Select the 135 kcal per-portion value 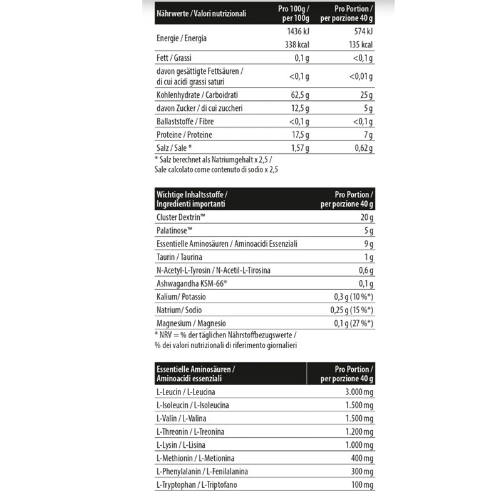tap(359, 44)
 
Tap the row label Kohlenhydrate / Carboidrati tap(197, 95)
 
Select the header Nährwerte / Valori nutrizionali tap(201, 13)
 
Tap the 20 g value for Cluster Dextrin tap(367, 217)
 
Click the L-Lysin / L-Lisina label tap(182, 445)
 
